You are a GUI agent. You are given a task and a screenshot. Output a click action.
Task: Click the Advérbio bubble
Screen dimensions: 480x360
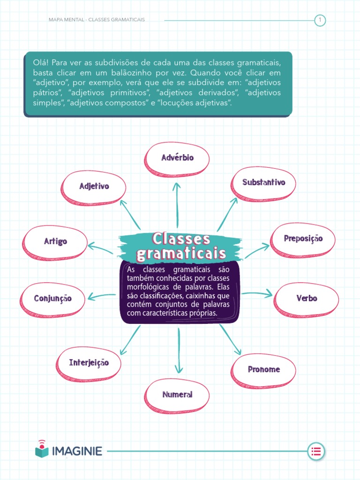[177, 158]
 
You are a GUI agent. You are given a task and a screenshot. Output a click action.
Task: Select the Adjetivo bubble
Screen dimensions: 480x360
[94, 187]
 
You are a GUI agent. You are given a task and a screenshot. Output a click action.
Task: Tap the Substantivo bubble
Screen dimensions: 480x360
[263, 182]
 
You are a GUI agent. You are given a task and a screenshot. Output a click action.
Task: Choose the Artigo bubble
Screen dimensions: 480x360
[56, 241]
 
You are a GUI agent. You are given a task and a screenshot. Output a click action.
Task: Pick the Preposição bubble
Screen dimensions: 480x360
[303, 239]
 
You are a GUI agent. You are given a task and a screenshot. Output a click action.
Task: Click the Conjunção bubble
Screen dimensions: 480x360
[53, 298]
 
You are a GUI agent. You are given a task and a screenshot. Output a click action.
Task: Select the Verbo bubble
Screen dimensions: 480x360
[307, 298]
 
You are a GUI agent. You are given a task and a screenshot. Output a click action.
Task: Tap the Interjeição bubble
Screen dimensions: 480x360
[89, 363]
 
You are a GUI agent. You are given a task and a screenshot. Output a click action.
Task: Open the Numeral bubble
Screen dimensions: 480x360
[178, 395]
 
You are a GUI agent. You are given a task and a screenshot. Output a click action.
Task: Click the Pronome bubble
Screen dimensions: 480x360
[264, 369]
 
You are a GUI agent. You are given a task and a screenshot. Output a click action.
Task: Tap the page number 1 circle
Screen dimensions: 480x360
[320, 20]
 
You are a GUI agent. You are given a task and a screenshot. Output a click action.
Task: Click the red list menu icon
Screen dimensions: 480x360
[316, 451]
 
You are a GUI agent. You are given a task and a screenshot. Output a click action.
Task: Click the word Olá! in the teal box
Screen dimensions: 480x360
[40, 63]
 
